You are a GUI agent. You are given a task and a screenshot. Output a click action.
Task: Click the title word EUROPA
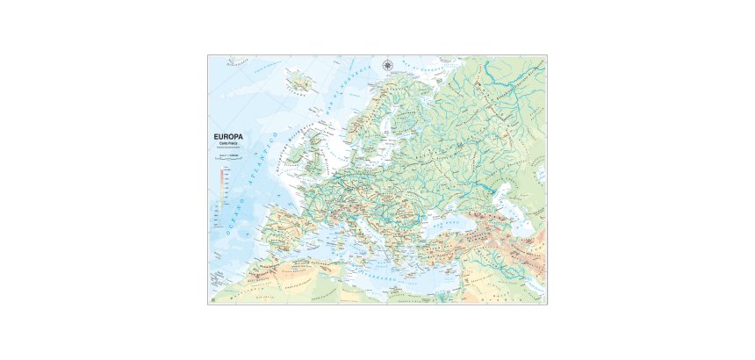tap(230, 136)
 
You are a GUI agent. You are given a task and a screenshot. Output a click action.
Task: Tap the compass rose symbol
tap(388, 63)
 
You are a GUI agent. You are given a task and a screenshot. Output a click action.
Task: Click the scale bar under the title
tap(227, 157)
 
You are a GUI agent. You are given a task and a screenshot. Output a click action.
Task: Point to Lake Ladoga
tap(422, 114)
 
